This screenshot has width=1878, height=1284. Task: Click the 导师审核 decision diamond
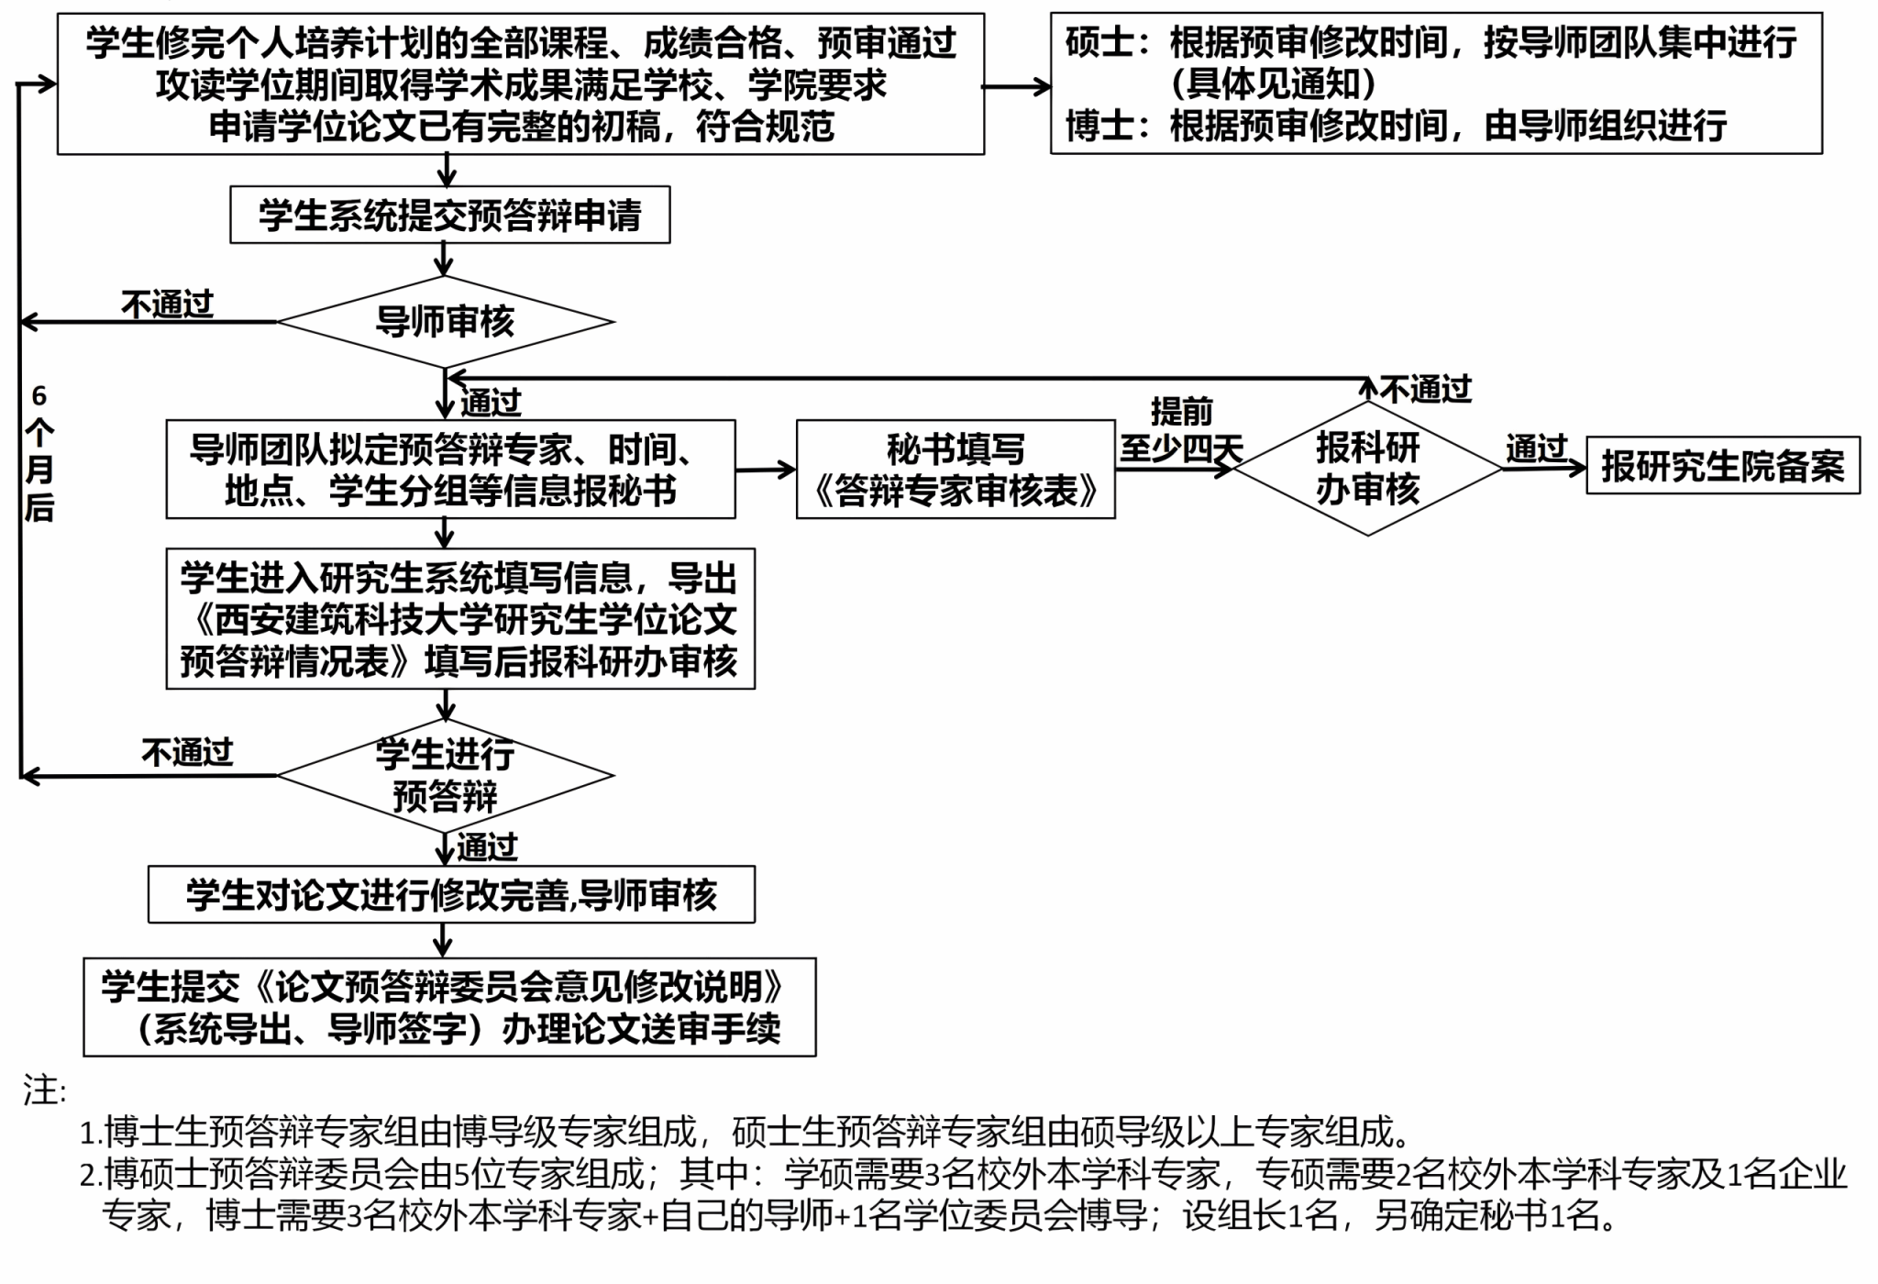tap(446, 322)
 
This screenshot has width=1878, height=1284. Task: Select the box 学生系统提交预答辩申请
tap(449, 216)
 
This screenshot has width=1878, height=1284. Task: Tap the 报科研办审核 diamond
tap(1367, 469)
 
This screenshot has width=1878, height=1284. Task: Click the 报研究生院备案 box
tap(1722, 466)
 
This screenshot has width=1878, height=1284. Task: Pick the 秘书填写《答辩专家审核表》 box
tap(956, 470)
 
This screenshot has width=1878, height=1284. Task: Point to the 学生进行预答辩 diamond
tap(446, 776)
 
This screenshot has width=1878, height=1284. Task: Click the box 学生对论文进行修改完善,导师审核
tap(451, 895)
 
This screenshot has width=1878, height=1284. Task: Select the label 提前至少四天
tap(1180, 431)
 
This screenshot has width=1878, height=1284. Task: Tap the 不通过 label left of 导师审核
tap(167, 304)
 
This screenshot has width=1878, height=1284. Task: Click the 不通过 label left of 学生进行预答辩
tap(187, 753)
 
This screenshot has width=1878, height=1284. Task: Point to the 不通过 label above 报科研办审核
tap(1425, 390)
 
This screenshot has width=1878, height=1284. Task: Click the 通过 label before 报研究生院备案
tap(1536, 448)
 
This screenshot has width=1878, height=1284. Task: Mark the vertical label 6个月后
tap(39, 453)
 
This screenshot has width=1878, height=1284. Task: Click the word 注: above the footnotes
tap(45, 1090)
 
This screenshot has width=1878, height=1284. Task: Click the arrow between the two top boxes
tap(1017, 87)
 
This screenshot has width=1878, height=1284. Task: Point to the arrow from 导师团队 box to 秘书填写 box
tap(766, 470)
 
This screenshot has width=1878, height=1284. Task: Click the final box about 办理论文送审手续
tap(449, 1008)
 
